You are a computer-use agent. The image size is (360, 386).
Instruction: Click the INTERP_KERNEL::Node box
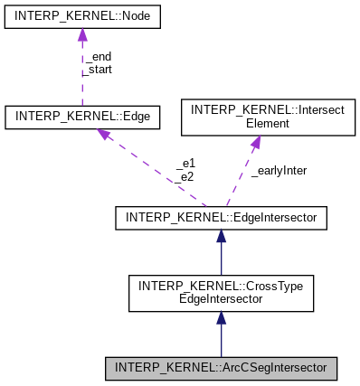point(82,18)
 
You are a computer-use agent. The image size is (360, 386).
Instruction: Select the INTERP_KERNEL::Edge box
point(82,116)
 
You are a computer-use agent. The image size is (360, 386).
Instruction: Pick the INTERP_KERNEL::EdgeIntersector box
point(221,217)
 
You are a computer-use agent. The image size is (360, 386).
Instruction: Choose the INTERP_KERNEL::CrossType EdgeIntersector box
point(221,292)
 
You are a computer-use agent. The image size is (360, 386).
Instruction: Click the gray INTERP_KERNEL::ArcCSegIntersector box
point(221,368)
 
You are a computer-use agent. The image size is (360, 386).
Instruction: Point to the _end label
point(97,56)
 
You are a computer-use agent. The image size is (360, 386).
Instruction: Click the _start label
point(99,68)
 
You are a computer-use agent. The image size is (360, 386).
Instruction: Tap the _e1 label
point(185,165)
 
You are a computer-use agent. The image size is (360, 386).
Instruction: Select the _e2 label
point(185,176)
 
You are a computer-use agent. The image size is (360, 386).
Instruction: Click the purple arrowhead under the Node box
point(82,35)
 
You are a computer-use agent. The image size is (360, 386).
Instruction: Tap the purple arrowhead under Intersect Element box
point(255,141)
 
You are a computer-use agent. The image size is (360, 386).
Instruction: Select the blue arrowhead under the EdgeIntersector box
point(221,236)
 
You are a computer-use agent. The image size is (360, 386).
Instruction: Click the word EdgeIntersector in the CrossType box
point(221,299)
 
